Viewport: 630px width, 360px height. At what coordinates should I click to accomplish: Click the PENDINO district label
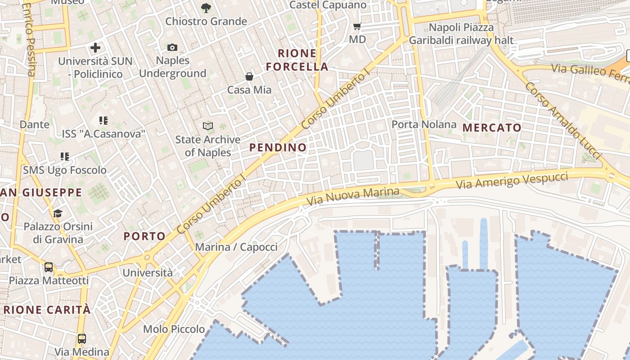(x=278, y=148)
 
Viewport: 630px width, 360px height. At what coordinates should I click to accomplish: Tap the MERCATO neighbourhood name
(x=492, y=128)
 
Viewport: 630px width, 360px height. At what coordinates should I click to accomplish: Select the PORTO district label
(x=144, y=236)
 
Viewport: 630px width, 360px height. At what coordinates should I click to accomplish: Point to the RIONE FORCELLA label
(x=297, y=60)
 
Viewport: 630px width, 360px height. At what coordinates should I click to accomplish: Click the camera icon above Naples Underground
(x=172, y=47)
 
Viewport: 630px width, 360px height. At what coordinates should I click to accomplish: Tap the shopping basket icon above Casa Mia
(x=249, y=76)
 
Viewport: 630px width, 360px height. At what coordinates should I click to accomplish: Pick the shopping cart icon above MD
(x=357, y=27)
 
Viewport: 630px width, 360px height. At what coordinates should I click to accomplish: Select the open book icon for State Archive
(x=207, y=126)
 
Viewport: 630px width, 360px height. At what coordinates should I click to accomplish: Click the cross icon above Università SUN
(x=95, y=47)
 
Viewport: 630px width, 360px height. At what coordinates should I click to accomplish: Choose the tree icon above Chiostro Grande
(x=206, y=8)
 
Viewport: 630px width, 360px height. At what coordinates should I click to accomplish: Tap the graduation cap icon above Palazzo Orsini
(x=58, y=213)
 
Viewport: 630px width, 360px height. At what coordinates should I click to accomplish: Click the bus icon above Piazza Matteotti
(x=49, y=267)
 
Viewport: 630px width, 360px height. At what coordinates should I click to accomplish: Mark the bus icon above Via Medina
(x=81, y=338)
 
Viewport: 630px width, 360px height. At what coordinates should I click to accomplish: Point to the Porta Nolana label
(x=424, y=124)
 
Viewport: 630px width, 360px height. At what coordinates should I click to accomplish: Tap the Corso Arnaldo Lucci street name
(x=563, y=120)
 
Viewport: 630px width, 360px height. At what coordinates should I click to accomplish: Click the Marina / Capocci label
(x=236, y=247)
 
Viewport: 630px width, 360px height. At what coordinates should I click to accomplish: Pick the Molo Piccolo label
(x=174, y=329)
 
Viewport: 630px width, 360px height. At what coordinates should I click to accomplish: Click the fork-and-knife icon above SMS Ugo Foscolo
(x=65, y=157)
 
